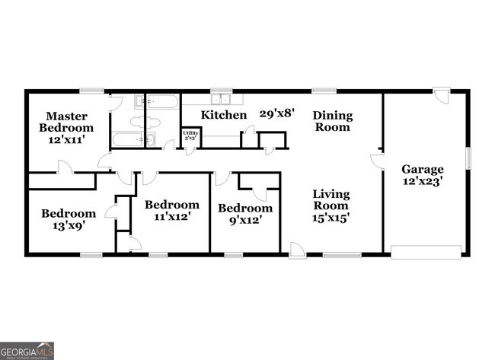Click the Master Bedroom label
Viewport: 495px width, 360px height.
coord(67,123)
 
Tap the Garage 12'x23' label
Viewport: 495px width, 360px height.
coord(423,175)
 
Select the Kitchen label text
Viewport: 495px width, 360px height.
coord(224,115)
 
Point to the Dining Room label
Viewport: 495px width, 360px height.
coord(333,122)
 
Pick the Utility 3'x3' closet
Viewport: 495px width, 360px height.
coord(190,136)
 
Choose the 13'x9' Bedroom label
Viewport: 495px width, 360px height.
coord(69,220)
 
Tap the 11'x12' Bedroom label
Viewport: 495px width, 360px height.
coord(172,210)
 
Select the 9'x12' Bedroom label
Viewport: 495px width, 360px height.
coord(245,214)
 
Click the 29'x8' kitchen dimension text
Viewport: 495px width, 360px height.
coord(277,113)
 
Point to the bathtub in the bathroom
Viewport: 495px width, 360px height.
coord(133,139)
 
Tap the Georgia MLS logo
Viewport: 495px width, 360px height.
coord(27,351)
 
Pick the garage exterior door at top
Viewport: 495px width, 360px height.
coord(442,94)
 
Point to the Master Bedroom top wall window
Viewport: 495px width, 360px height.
coord(92,91)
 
